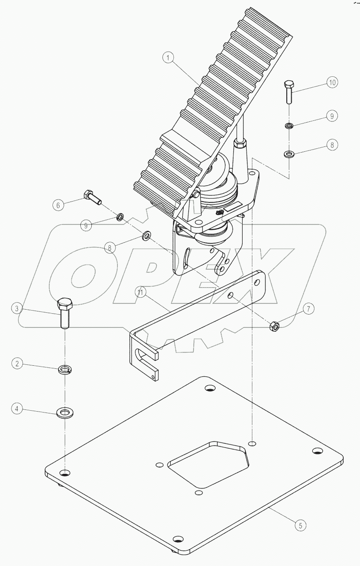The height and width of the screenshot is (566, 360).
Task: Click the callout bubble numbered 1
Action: tap(167, 57)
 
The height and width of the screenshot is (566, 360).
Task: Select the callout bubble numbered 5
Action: tap(300, 525)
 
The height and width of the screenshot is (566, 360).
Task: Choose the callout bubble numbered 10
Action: tap(331, 82)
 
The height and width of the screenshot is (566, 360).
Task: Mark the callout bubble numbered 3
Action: tap(17, 308)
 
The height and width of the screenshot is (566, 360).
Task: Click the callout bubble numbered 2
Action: tap(17, 364)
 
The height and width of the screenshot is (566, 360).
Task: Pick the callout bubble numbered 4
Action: tap(17, 409)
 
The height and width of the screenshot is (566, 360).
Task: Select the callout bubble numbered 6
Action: tap(57, 205)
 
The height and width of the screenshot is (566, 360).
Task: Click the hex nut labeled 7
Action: tap(274, 326)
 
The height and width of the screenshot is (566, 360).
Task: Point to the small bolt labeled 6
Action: tap(92, 197)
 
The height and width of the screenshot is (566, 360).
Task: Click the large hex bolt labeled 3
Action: tap(65, 313)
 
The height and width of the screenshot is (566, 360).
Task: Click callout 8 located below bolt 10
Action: tap(331, 144)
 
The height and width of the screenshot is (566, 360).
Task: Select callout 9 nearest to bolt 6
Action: tap(86, 225)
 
